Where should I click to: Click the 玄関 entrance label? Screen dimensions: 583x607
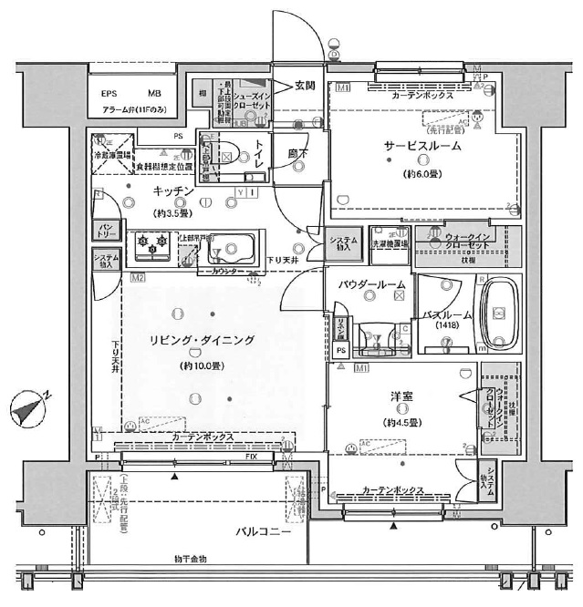pyautogui.click(x=304, y=87)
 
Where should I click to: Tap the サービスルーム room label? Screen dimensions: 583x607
pyautogui.click(x=422, y=146)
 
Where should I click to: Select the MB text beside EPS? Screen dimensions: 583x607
pyautogui.click(x=153, y=94)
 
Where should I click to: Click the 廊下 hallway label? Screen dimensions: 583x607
pyautogui.click(x=297, y=154)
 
